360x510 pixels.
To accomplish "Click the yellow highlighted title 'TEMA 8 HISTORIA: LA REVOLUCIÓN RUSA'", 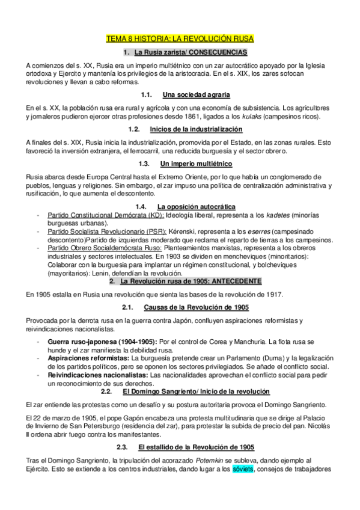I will click(x=180, y=39).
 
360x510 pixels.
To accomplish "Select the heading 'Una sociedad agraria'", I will click(x=197, y=95).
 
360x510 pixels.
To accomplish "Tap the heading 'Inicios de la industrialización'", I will click(x=196, y=129).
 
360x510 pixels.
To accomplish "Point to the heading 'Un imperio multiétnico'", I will click(x=197, y=164).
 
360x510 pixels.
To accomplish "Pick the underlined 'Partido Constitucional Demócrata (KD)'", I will click(x=105, y=215).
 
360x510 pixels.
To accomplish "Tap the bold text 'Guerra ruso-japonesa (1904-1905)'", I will click(x=103, y=341).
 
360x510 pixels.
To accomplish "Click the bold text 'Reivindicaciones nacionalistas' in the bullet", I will click(x=98, y=375).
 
